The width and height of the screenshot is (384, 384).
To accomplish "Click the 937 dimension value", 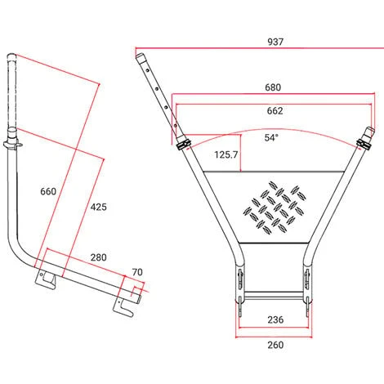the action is point(275,42).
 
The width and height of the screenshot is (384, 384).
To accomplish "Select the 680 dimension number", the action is point(273,87).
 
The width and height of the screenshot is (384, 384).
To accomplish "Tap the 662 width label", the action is point(275,111).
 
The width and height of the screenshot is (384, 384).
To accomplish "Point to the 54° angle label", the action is point(271,137).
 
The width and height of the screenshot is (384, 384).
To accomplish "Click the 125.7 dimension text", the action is point(226,154).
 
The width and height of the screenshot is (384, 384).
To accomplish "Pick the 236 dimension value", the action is point(275,319).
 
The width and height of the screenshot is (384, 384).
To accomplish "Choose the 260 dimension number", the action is point(275,345).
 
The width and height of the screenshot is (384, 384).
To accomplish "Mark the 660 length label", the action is point(48,191).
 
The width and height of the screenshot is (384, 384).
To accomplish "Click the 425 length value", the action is point(98,207).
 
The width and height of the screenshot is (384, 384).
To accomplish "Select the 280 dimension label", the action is point(98,257).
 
